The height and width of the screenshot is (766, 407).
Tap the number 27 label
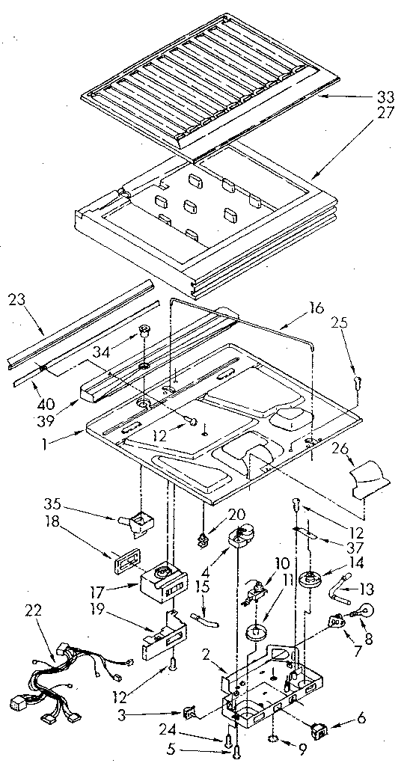click(x=386, y=114)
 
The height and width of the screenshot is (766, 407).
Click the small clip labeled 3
click(x=189, y=714)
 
